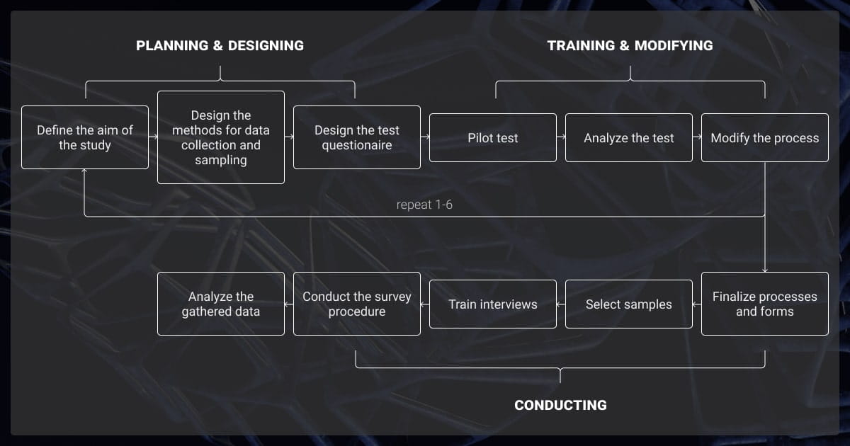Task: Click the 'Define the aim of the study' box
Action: tap(85, 137)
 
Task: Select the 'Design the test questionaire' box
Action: tap(357, 137)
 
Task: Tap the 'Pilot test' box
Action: tap(493, 137)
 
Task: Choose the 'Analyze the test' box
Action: tap(629, 137)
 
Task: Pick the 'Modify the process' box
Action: tap(765, 137)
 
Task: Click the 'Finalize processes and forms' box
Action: tap(765, 304)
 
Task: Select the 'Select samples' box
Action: tap(629, 304)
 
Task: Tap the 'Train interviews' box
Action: tap(493, 304)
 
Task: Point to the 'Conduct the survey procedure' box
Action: tap(357, 304)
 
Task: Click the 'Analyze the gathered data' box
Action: tap(221, 304)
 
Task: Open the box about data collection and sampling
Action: tap(221, 137)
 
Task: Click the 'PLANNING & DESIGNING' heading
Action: tap(220, 46)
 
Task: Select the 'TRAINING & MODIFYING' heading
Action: tap(630, 46)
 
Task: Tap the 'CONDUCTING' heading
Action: tap(560, 405)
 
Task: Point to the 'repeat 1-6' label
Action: tap(424, 205)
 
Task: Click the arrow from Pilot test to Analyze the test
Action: tap(561, 137)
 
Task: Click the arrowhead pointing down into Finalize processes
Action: tap(765, 269)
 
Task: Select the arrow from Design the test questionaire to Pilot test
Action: tap(425, 137)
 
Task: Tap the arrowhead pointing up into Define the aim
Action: tap(85, 172)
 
